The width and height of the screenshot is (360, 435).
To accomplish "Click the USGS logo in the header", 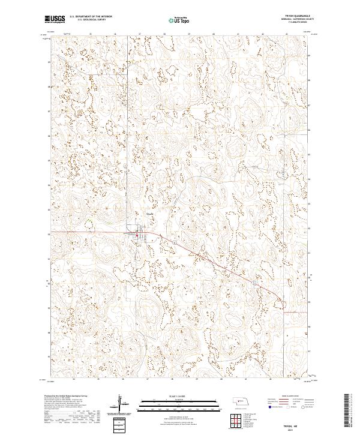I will tap(55, 19).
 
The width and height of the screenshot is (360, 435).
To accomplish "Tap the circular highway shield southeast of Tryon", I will tap(254, 280).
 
